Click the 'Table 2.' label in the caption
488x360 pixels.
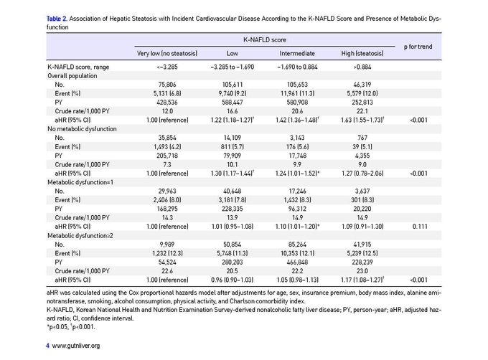(x=57, y=19)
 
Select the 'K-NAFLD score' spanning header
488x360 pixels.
(x=265, y=39)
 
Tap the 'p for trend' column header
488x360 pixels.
(x=418, y=47)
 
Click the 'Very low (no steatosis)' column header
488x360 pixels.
(x=167, y=54)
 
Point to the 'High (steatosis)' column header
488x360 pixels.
(x=362, y=54)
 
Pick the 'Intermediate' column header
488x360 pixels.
(x=297, y=54)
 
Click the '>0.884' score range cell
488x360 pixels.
(x=362, y=67)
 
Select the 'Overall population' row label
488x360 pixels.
(x=72, y=76)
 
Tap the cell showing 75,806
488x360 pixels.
(x=167, y=85)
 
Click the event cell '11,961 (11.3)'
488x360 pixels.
(x=297, y=93)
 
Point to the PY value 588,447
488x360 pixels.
(x=233, y=103)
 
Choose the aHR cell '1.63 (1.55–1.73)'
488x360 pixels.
(x=362, y=120)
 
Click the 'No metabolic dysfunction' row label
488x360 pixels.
(x=82, y=129)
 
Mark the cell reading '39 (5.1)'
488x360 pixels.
(x=362, y=147)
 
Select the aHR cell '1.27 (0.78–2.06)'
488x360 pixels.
(x=362, y=174)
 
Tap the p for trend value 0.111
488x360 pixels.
(x=420, y=227)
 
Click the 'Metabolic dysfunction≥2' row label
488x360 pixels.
(x=80, y=236)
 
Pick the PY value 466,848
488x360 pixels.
(x=297, y=262)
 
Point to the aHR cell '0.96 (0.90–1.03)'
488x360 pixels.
(x=233, y=280)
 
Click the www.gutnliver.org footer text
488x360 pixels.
(x=75, y=346)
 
